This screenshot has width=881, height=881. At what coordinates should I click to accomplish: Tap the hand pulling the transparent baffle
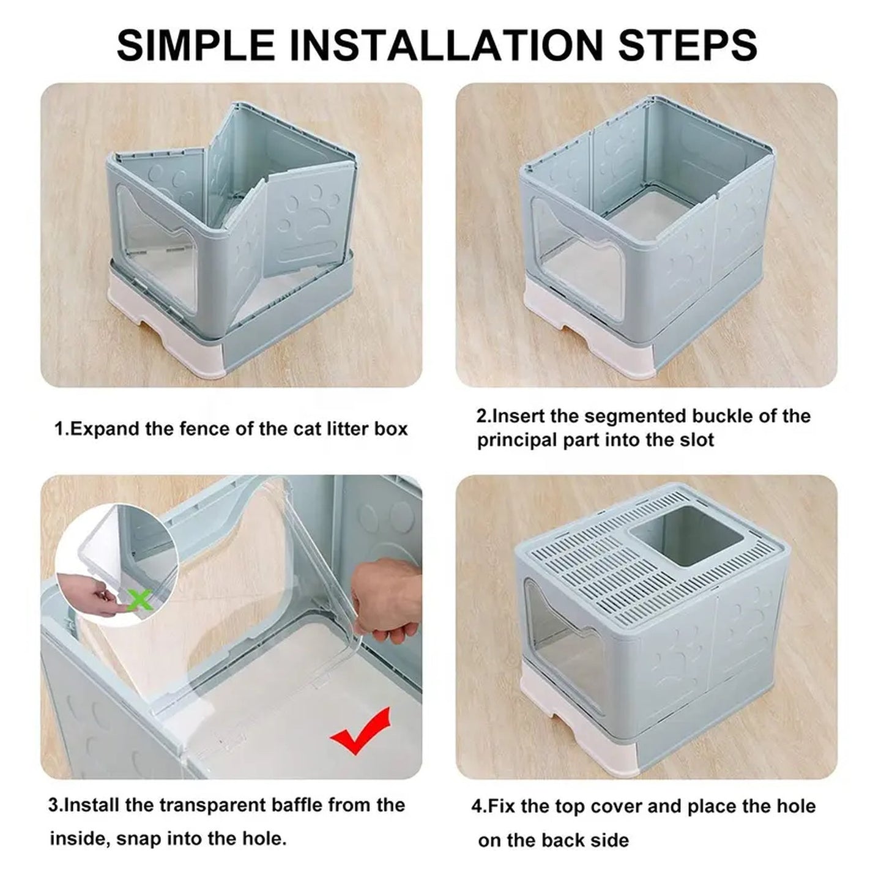tap(385, 602)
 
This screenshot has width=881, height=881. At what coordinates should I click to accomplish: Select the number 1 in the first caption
tap(59, 429)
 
